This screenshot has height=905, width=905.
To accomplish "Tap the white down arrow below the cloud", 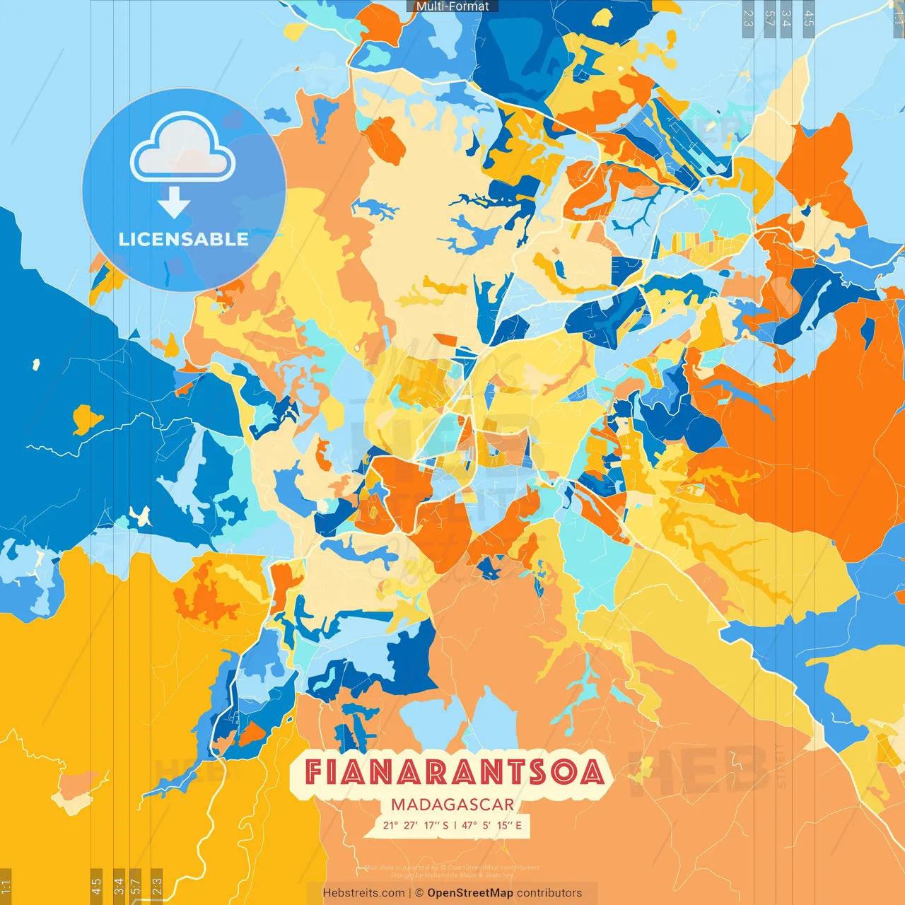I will click(x=174, y=202).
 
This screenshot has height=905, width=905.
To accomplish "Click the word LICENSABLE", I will click(x=183, y=239).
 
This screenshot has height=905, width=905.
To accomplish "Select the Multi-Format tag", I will click(x=452, y=6).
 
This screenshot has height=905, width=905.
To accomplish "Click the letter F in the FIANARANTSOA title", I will click(x=314, y=772).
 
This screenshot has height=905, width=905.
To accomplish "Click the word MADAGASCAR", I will click(x=452, y=805).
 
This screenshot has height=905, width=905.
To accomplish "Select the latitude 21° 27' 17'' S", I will click(x=416, y=825).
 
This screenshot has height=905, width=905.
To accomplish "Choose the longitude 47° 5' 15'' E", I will click(x=492, y=825).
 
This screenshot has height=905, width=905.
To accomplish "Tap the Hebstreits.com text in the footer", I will click(x=363, y=893).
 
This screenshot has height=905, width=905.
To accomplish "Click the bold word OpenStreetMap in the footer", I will click(x=470, y=893).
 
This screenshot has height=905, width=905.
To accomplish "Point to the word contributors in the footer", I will click(x=549, y=893).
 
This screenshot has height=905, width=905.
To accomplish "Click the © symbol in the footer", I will click(x=419, y=893).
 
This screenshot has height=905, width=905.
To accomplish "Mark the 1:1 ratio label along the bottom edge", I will click(x=6, y=887).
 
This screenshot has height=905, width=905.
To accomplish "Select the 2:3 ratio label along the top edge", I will click(x=747, y=18).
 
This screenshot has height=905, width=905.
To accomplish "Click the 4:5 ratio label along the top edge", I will click(x=809, y=18).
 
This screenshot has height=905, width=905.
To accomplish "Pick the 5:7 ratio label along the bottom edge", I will click(x=136, y=887).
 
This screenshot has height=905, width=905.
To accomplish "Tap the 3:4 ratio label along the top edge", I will click(x=786, y=18).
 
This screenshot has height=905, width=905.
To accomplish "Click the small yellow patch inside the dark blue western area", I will click(x=86, y=419).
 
